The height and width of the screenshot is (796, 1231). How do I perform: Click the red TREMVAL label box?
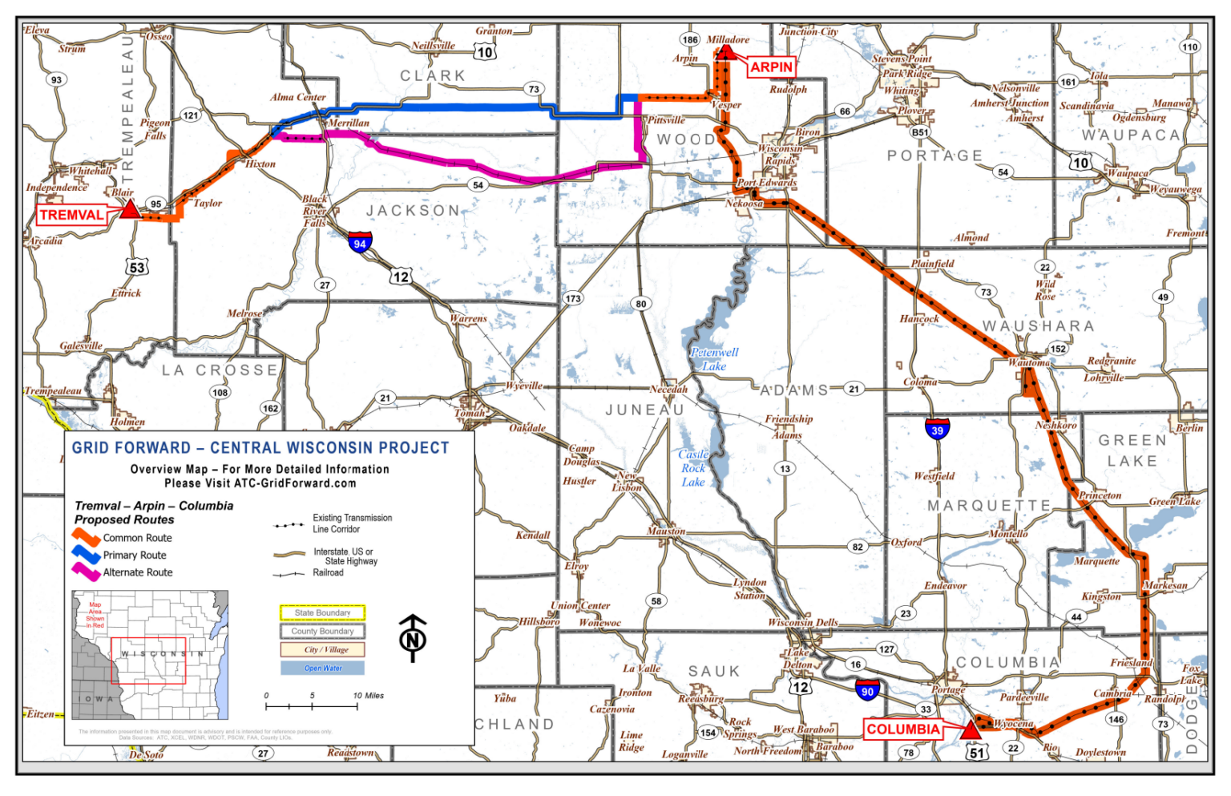click(71, 215)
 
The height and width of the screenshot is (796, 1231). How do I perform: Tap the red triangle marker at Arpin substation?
click(725, 53)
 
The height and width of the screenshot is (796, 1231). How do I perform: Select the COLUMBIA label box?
click(903, 729)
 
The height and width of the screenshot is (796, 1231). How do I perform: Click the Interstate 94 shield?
click(360, 242)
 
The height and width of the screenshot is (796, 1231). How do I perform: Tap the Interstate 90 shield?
click(867, 689)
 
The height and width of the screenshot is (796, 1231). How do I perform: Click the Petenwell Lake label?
click(714, 359)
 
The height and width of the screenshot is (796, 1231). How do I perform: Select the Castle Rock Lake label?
click(693, 468)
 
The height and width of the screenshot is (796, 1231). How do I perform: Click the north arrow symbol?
click(413, 638)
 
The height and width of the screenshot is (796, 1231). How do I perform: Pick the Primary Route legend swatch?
click(86, 555)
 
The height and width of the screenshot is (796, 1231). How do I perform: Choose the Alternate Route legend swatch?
click(86, 572)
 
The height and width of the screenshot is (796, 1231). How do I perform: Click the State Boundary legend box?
click(322, 613)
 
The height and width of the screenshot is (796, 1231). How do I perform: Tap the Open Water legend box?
click(322, 668)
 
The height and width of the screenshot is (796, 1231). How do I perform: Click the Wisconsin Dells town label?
click(802, 622)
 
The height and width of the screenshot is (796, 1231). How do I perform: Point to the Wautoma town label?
click(1029, 363)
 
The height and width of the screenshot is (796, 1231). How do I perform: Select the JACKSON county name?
click(414, 211)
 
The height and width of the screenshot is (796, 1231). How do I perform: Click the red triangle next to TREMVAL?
click(130, 210)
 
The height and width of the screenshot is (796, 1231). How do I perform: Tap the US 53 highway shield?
click(137, 268)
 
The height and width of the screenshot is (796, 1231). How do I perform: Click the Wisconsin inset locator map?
click(150, 655)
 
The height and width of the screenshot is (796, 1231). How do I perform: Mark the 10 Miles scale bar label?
click(368, 696)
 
